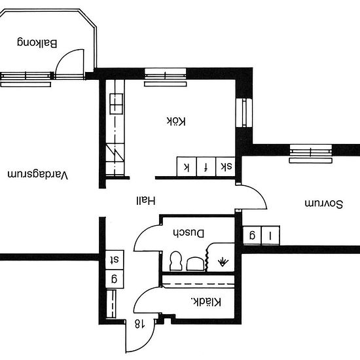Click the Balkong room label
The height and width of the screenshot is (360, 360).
click(37, 43)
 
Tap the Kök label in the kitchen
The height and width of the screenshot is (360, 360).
click(176, 121)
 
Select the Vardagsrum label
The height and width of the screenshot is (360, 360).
click(38, 175)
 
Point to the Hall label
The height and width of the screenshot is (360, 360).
click(146, 201)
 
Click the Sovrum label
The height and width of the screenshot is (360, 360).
click(324, 204)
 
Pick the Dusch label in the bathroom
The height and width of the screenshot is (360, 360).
click(189, 233)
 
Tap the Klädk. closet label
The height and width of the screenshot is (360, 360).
click(206, 302)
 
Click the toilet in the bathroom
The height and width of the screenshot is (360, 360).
click(175, 261)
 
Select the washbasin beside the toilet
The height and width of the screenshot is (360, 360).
click(195, 264)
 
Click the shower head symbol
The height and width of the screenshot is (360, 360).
click(223, 262)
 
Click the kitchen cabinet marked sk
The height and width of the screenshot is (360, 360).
click(225, 166)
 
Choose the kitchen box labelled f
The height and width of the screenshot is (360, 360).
click(206, 166)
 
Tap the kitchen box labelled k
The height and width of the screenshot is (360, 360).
click(187, 166)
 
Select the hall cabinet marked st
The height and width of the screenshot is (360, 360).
click(115, 260)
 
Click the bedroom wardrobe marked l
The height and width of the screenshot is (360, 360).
click(270, 236)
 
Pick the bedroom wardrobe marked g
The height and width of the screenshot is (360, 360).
click(252, 236)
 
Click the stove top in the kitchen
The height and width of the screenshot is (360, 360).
click(117, 104)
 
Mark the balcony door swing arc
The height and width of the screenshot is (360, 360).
click(63, 57)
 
